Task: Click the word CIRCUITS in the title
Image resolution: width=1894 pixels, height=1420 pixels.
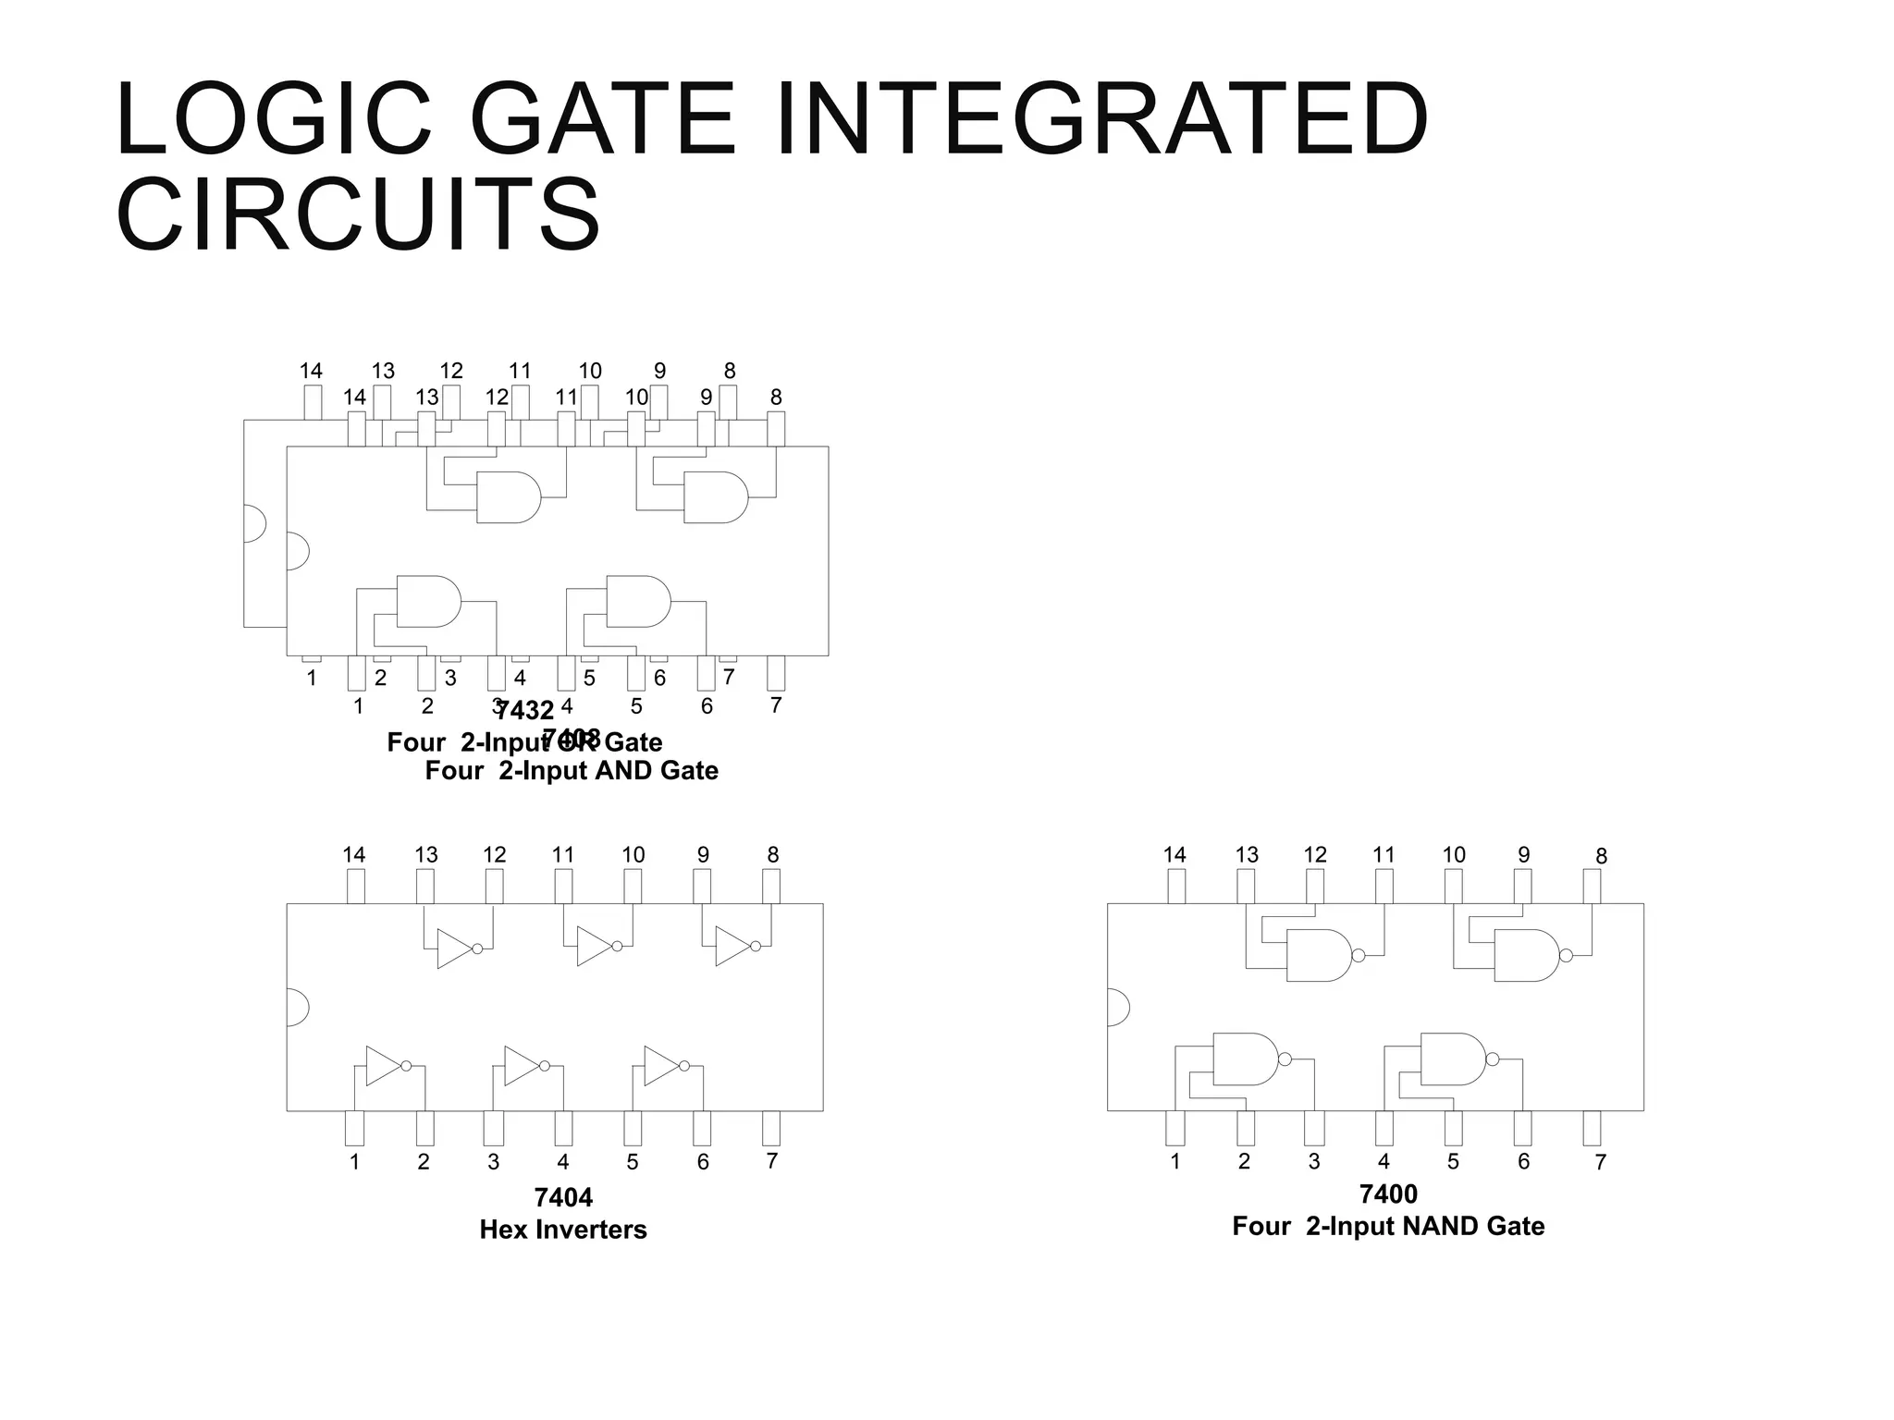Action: tap(358, 215)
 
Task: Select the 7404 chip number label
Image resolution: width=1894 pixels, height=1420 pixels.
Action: tap(562, 1197)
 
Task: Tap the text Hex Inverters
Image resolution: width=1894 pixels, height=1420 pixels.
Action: tap(562, 1230)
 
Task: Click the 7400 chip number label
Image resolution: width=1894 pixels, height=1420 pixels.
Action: tap(1388, 1194)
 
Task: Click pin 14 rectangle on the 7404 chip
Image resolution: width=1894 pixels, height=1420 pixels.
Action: tap(355, 887)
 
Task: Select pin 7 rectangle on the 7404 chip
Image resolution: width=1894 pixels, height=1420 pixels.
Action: tap(771, 1128)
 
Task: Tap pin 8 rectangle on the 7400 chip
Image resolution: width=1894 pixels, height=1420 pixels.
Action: tap(1592, 887)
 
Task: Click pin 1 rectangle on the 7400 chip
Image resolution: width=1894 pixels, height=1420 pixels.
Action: tap(1175, 1128)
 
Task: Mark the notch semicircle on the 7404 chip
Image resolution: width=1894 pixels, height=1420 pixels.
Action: tap(296, 1007)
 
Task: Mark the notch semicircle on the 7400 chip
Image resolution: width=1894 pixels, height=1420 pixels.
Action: tap(1117, 1007)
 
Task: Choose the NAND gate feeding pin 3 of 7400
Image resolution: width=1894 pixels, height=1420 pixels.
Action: tap(1244, 1059)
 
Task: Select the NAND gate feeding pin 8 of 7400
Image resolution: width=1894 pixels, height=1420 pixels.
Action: tap(1526, 955)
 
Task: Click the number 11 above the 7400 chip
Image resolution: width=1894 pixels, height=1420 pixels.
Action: tap(1384, 855)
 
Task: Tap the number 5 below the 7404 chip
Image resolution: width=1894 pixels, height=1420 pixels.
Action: tap(633, 1162)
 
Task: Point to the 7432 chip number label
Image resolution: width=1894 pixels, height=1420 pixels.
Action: tap(524, 710)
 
